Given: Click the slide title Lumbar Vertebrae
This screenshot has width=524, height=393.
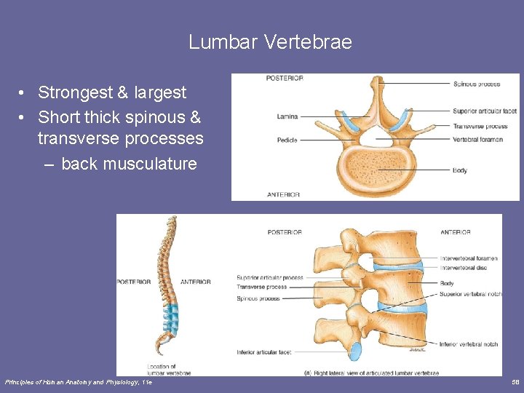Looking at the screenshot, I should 270,42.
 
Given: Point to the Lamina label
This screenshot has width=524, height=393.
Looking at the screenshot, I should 287,116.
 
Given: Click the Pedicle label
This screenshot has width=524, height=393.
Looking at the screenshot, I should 288,140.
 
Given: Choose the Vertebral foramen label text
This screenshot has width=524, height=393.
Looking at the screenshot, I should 477,140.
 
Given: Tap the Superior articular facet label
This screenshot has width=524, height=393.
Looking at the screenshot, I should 484,111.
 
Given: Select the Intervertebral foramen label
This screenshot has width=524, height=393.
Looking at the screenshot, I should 469,258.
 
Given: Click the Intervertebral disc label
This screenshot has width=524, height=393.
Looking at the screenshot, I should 463,268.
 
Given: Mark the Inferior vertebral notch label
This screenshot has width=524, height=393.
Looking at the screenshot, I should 469,344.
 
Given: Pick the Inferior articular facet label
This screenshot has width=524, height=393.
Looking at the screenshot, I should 263,352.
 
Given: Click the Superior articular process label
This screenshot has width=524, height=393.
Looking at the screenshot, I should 269,277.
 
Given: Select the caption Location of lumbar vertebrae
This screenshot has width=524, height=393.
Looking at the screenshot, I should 169,370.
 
